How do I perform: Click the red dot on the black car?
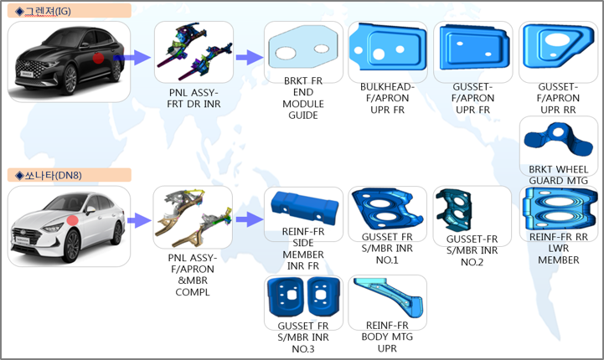tap(99, 59)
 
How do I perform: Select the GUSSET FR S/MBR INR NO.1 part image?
tap(385, 209)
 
